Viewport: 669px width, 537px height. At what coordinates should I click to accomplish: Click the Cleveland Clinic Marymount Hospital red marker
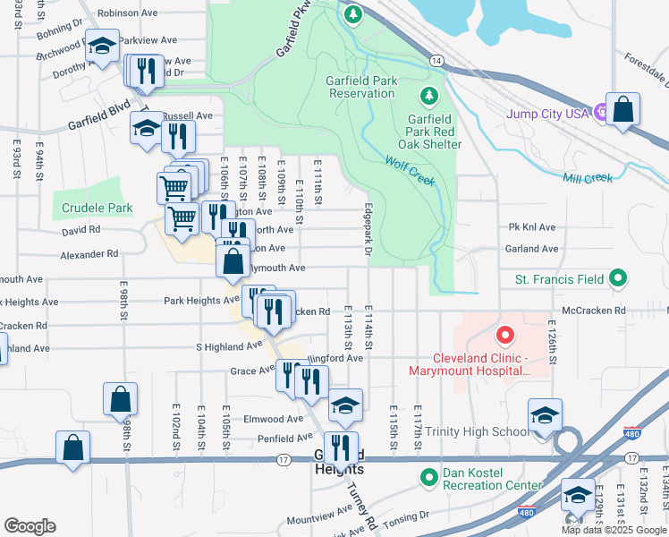click(x=504, y=337)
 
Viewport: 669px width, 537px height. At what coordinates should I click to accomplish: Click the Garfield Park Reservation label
click(x=361, y=87)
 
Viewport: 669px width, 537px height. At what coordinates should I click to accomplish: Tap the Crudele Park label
click(x=97, y=208)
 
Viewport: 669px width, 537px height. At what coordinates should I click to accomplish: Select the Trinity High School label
click(x=477, y=432)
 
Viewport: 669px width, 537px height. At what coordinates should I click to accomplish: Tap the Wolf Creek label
click(x=410, y=173)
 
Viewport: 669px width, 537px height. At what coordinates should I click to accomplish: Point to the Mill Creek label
click(x=588, y=177)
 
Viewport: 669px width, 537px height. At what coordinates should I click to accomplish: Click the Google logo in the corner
click(x=30, y=525)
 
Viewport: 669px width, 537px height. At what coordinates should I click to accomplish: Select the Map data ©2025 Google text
click(x=614, y=530)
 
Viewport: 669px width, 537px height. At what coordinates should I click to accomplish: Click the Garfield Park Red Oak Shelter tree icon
click(x=429, y=95)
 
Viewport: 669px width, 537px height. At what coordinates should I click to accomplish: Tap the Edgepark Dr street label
click(x=368, y=231)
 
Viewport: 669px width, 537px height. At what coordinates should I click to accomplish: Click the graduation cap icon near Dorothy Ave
click(x=102, y=46)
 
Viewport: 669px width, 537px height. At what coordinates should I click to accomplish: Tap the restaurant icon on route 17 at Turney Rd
click(x=341, y=447)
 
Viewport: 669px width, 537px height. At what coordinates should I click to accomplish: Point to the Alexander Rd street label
click(x=89, y=254)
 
